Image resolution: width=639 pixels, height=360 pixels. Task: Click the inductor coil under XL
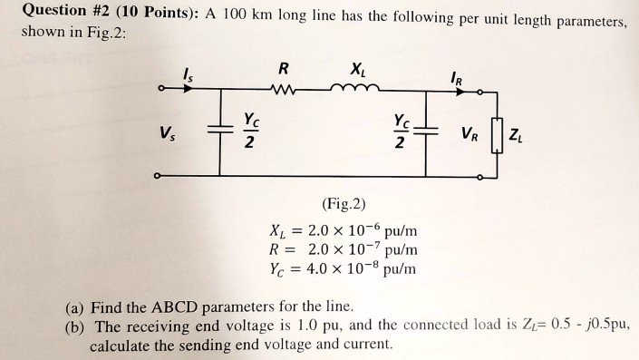(x=351, y=88)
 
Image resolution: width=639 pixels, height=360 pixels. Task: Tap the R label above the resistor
(x=284, y=67)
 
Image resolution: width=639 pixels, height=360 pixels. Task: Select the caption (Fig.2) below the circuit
(x=344, y=204)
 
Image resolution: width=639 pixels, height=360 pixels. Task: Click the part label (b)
(x=77, y=326)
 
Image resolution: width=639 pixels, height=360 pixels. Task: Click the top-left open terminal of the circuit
(x=161, y=89)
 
